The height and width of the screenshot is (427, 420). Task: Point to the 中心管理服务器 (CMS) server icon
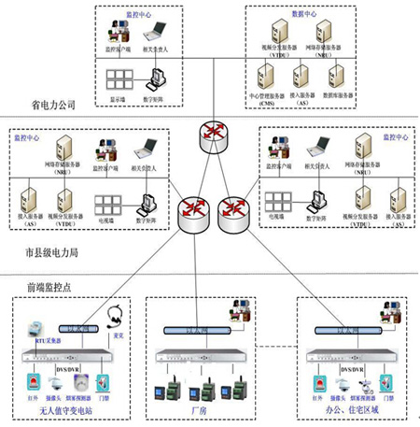[266, 74]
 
